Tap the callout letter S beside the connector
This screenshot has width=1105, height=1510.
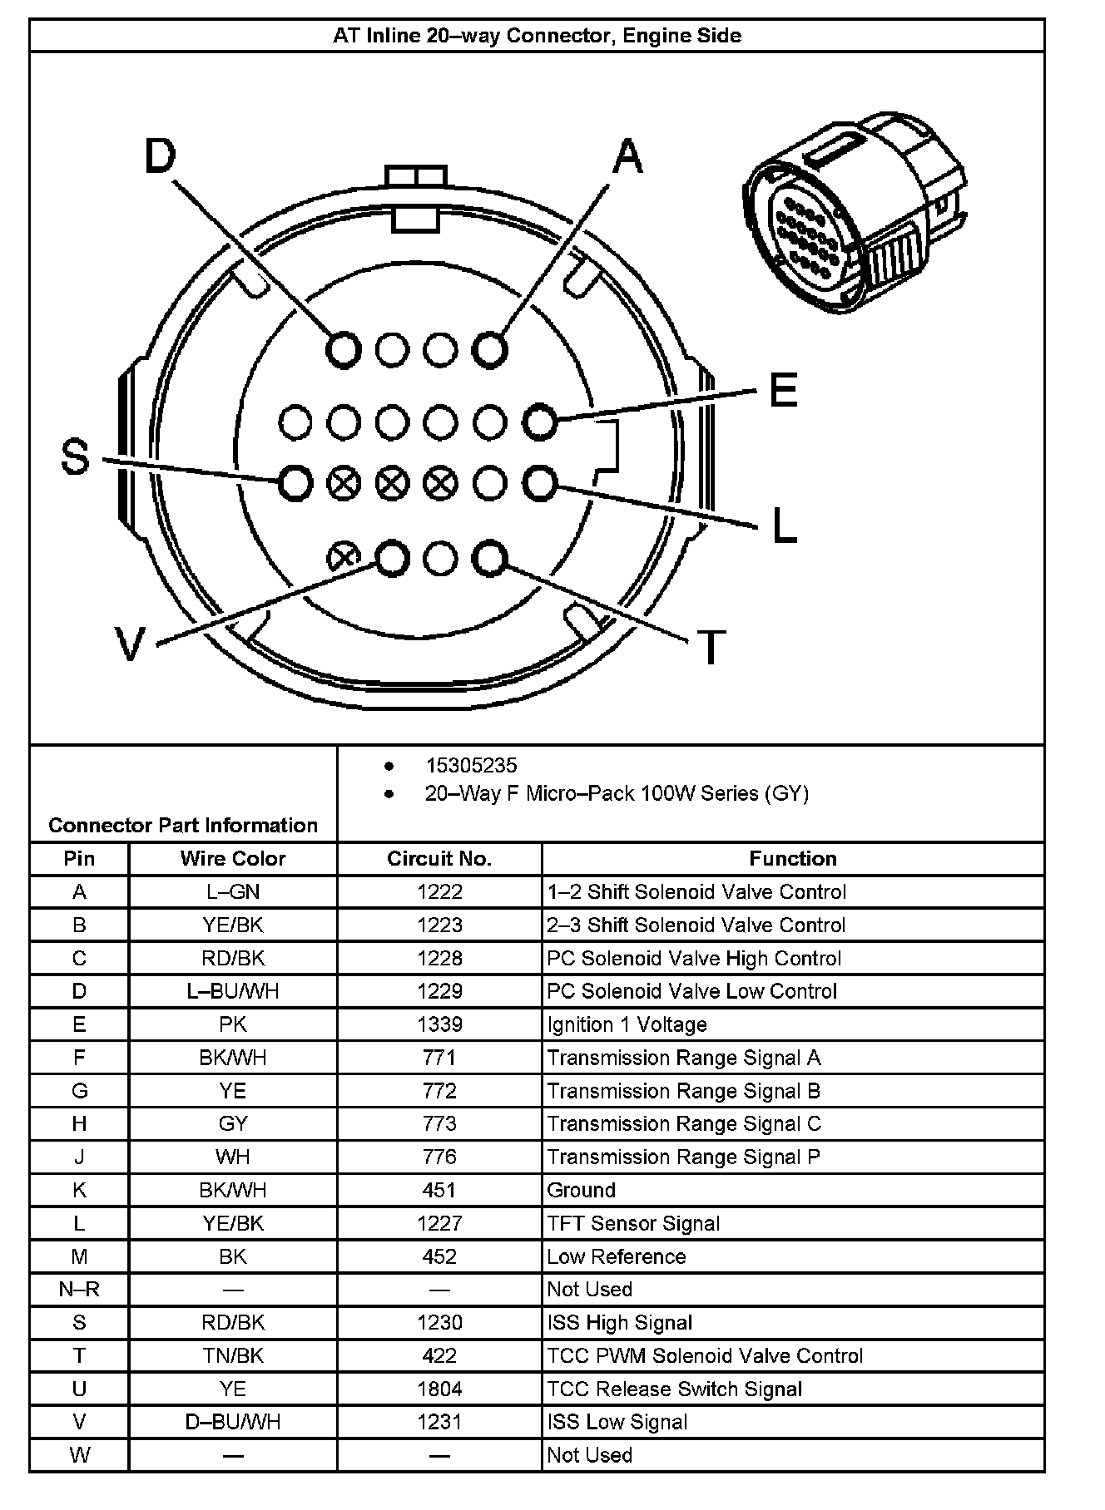[x=76, y=456]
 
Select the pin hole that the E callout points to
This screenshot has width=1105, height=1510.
[x=540, y=422]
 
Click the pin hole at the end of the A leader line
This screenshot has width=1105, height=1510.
[x=490, y=349]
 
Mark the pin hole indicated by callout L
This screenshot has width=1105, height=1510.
[x=540, y=482]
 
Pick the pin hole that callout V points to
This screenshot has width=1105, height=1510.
[x=392, y=558]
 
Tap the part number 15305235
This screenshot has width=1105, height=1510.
[x=471, y=766]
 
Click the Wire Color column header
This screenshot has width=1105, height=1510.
[x=233, y=859]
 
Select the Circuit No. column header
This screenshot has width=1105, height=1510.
[x=439, y=859]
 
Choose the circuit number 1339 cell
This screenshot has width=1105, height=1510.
[x=439, y=1024]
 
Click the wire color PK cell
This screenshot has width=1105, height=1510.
[x=233, y=1024]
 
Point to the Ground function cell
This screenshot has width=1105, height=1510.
[x=581, y=1190]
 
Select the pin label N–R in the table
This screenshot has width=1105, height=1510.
[x=79, y=1290]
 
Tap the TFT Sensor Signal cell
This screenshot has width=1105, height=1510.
[x=633, y=1223]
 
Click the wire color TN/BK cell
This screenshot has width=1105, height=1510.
[x=233, y=1356]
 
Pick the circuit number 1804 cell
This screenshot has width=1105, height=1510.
[x=439, y=1389]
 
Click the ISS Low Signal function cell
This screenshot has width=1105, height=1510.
[x=617, y=1423]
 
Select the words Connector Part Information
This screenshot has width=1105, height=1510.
[x=183, y=825]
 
